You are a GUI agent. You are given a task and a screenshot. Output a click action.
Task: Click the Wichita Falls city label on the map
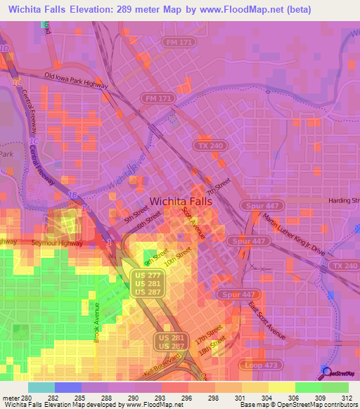point(186,200)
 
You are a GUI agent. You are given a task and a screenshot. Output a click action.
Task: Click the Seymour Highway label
point(57,243)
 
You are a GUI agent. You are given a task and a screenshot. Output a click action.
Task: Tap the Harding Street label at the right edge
point(345,200)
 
